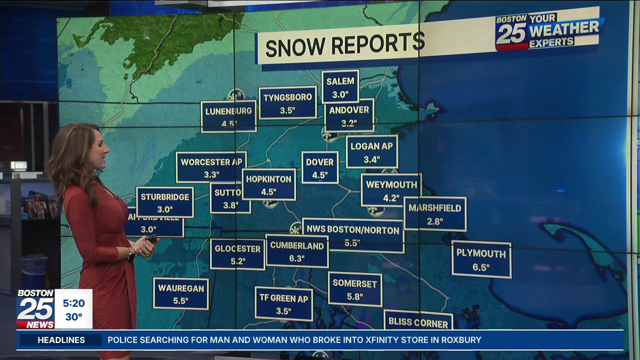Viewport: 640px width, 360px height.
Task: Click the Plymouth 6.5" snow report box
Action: tap(481, 259)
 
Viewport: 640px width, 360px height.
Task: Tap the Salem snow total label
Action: tap(340, 87)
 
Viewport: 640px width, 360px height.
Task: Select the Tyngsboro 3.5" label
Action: tap(287, 103)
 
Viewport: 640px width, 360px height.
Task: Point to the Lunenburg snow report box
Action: tap(228, 116)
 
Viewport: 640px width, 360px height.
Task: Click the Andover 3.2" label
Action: tap(349, 115)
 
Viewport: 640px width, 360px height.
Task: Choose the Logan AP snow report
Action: tap(372, 152)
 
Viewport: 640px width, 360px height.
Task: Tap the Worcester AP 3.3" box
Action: tap(211, 167)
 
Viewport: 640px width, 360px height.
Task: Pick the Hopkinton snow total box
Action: tap(269, 184)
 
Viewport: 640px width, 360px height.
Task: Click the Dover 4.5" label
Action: tap(320, 168)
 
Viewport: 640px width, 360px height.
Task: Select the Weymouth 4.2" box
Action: tap(391, 190)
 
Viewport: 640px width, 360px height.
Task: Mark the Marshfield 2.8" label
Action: tap(435, 214)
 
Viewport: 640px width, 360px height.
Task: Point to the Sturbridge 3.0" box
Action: tap(164, 202)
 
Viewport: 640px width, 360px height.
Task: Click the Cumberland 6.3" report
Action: tap(297, 251)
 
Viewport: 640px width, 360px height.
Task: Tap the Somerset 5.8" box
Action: tap(355, 289)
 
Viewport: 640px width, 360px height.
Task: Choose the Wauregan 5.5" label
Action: tap(180, 294)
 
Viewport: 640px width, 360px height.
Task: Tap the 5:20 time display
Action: tap(73, 303)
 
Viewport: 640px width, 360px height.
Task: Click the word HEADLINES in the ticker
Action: tap(61, 340)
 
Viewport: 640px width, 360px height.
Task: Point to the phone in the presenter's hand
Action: tap(150, 238)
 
